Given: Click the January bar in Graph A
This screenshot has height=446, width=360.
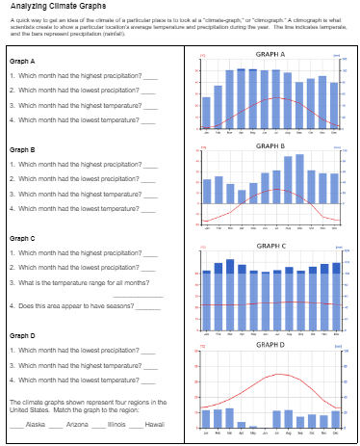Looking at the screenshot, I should click(x=206, y=114).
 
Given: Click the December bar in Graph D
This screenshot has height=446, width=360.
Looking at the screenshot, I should click(x=335, y=419).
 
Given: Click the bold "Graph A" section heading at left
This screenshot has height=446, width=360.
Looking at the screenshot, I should click(x=22, y=62).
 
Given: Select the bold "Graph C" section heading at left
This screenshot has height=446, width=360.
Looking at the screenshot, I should click(x=22, y=238).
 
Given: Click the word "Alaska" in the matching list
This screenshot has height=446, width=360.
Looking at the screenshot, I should click(x=36, y=424).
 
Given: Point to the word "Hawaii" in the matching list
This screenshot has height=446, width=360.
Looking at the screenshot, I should click(x=153, y=424).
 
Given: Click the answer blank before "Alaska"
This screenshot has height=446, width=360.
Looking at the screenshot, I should click(x=16, y=425).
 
